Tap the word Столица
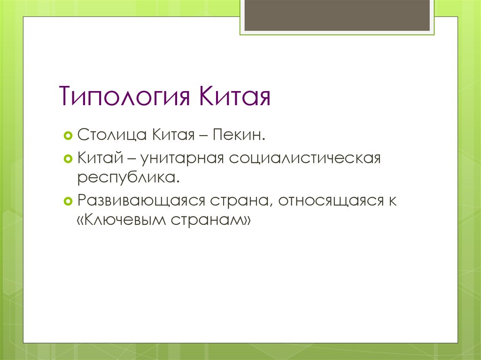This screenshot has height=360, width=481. click(x=112, y=137)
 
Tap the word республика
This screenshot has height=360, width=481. click(x=129, y=179)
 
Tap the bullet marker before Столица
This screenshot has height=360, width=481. click(x=67, y=137)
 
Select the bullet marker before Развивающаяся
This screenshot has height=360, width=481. click(x=67, y=200)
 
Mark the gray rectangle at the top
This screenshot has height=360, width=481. click(x=337, y=15)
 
